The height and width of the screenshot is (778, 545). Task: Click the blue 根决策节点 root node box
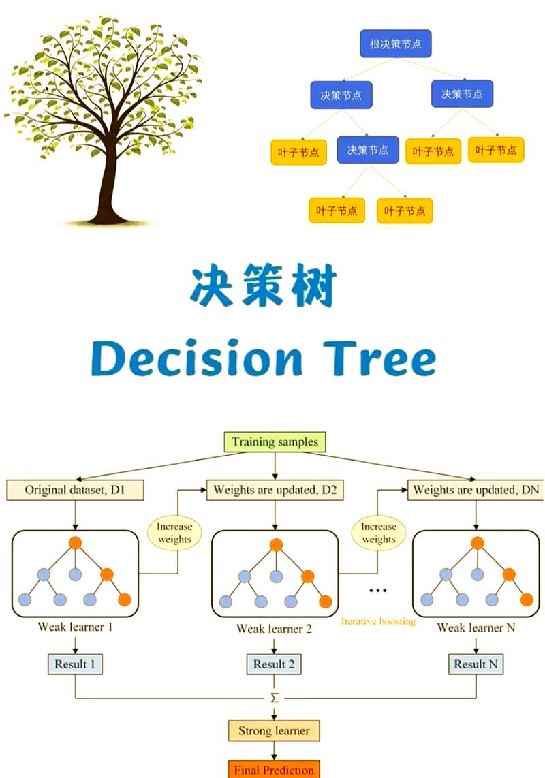pos(395,44)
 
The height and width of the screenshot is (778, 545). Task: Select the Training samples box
pos(275,442)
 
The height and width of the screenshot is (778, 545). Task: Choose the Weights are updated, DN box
pos(474,490)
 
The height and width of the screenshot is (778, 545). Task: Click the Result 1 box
pos(75,664)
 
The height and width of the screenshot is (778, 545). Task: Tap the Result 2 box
pos(274,664)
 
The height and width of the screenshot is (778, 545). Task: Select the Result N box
pos(476,664)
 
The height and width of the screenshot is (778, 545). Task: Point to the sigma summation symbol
pos(275,698)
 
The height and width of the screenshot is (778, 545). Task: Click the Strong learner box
pos(274,731)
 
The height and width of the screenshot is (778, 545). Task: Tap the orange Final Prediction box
pos(274,770)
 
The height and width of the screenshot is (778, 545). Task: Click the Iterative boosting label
pos(378,622)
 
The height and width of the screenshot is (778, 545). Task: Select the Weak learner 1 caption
pos(75,626)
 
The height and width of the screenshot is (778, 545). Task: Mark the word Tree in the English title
pos(374,360)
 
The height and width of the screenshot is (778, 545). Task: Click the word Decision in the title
pos(197,360)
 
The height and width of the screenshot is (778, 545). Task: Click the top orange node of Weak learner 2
pos(276,545)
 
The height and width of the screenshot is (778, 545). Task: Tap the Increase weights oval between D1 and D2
pos(175,533)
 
